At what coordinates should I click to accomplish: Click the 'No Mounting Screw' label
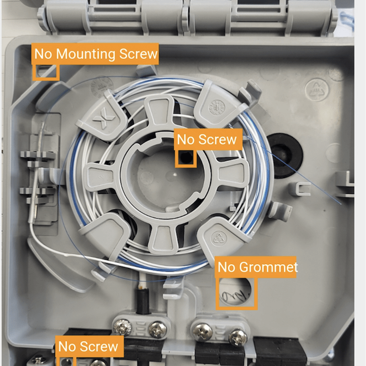click(95, 54)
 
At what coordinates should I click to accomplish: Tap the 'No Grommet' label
click(256, 267)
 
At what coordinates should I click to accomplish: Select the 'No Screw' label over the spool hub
click(208, 139)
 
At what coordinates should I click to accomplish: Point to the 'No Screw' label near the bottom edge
click(89, 346)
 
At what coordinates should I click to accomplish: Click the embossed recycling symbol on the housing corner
click(316, 90)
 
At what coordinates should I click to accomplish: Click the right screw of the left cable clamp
click(158, 329)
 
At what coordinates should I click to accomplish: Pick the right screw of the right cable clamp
click(237, 337)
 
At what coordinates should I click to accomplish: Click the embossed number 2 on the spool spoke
click(101, 177)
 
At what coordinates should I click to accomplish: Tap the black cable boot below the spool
click(142, 301)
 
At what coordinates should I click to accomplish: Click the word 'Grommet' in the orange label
click(269, 267)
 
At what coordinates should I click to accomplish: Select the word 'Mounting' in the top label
click(86, 54)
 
